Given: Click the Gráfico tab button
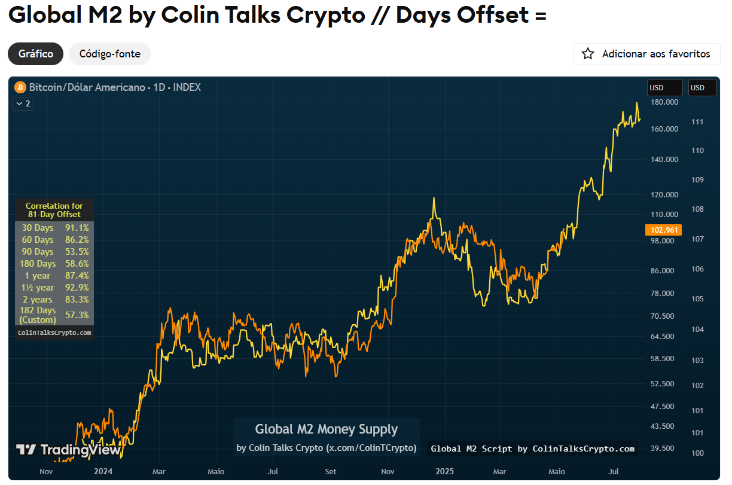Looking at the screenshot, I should coord(35,54).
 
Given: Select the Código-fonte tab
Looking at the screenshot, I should coord(109,54).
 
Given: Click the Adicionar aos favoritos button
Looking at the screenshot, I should coord(646,54).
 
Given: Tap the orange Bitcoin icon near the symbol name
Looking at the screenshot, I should coord(20,87).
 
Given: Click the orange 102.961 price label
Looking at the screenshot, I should coord(663,230).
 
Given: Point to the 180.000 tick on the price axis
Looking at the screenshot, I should coord(665,102).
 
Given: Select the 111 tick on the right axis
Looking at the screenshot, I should coord(697,122).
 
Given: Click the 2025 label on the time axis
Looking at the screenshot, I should coord(444,471).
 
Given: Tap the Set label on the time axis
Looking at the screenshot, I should coord(331,471).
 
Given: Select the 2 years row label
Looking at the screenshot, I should coord(38,300).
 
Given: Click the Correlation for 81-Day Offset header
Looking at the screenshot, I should coord(54,210).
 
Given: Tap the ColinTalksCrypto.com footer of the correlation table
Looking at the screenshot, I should coord(54,333).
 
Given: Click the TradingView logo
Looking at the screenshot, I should coord(69,450).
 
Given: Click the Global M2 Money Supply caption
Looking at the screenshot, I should coord(326,429).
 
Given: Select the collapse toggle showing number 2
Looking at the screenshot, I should coord(23,103).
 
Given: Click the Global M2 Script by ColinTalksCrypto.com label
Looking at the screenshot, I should coord(532,449).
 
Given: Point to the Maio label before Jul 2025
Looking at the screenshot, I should coord(557,471).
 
